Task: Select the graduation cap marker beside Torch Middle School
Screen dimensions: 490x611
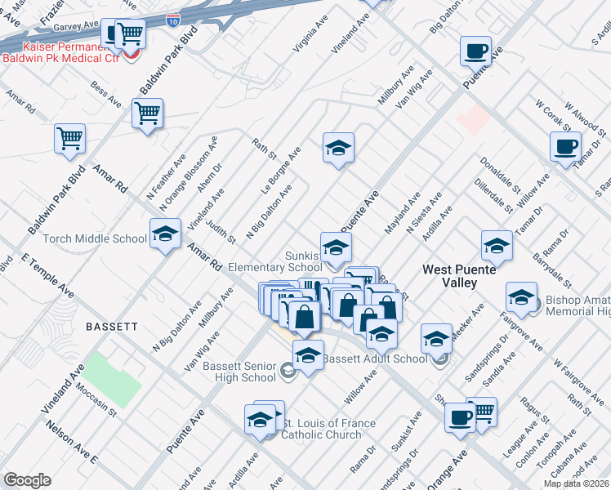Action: (165, 235)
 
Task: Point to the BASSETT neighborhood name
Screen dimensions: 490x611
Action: (111, 326)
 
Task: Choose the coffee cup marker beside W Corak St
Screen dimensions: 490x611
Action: (564, 147)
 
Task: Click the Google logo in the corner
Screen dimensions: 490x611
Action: (27, 479)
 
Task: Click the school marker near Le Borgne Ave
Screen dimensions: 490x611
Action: (338, 148)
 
